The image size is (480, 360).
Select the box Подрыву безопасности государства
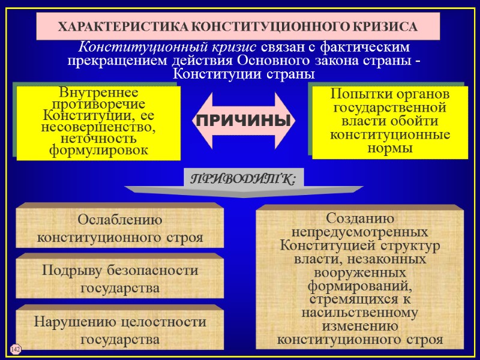(x=120, y=279)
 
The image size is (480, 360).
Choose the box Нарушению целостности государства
(x=120, y=330)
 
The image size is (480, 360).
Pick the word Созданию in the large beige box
(x=360, y=218)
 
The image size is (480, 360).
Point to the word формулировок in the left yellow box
(x=98, y=150)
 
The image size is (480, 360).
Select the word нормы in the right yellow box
(x=390, y=148)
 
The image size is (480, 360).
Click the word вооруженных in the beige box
(x=360, y=273)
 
